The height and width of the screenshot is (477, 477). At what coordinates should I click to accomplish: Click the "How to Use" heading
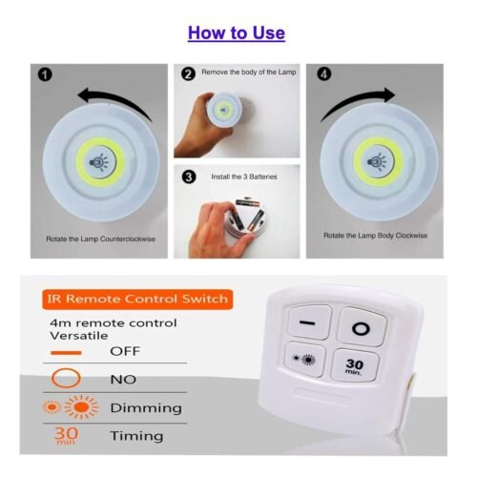coord(237,33)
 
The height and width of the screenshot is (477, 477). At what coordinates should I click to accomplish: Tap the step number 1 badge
coord(45,75)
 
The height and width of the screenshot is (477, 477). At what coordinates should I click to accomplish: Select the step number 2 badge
coord(188,73)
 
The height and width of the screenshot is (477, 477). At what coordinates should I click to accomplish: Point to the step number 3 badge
coord(189,176)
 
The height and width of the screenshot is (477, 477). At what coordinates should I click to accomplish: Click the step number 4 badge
coord(324,74)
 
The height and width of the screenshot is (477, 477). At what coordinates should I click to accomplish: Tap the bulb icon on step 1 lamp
coord(99,162)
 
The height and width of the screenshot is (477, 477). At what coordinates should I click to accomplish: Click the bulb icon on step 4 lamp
coord(377,162)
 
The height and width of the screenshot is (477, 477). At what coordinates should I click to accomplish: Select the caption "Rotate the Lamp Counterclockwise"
coord(101,239)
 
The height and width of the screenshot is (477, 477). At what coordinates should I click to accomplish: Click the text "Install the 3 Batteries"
coord(244,176)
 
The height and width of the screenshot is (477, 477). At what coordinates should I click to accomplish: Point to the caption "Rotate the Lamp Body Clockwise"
coord(375,236)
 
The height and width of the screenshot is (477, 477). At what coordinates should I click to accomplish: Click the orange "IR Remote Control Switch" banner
coord(137,300)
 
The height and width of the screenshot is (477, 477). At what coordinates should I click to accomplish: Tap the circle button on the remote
coord(362,327)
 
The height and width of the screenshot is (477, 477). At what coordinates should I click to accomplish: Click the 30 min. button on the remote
coord(355,365)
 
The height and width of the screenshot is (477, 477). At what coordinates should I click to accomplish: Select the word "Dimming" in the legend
coord(146,408)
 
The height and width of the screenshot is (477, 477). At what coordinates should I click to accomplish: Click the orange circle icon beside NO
coord(66,378)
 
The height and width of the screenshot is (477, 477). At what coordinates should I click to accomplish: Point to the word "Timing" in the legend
coord(136,436)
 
